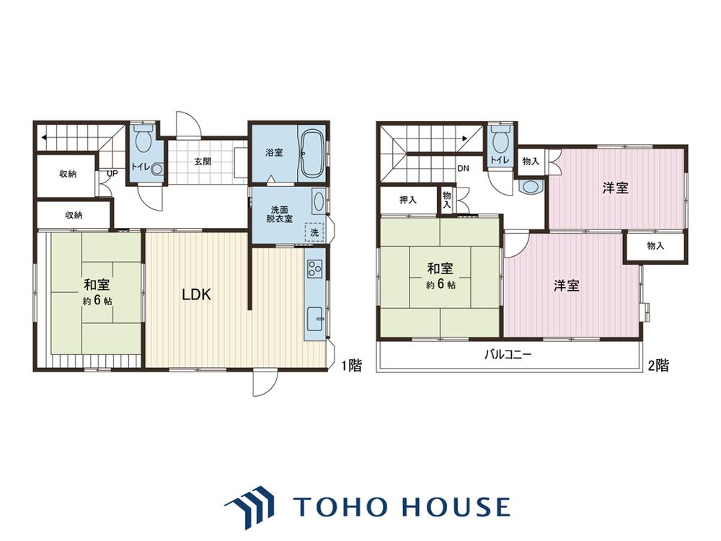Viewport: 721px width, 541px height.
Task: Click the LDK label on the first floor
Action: pyautogui.click(x=196, y=295)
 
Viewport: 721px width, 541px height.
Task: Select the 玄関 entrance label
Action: pyautogui.click(x=203, y=162)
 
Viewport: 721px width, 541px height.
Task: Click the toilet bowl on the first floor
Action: pyautogui.click(x=144, y=140)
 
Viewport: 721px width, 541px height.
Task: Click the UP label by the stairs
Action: pyautogui.click(x=112, y=174)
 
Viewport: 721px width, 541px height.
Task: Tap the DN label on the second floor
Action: pyautogui.click(x=463, y=168)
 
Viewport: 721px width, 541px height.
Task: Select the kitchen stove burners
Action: pyautogui.click(x=315, y=268)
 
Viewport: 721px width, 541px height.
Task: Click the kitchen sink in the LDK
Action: pyautogui.click(x=316, y=318)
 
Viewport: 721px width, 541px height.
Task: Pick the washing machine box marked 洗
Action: pyautogui.click(x=314, y=232)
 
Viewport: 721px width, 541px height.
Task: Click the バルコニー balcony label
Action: pyautogui.click(x=508, y=355)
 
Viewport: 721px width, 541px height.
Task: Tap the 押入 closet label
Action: pyautogui.click(x=408, y=200)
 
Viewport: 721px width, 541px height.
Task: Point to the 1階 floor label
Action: pyautogui.click(x=351, y=366)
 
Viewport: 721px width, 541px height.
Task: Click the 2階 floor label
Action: pyautogui.click(x=658, y=366)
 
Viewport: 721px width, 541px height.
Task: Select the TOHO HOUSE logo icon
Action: pyautogui.click(x=249, y=507)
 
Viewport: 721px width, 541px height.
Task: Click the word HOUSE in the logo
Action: pyautogui.click(x=456, y=506)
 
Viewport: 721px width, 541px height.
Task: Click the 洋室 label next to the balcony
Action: pyautogui.click(x=566, y=286)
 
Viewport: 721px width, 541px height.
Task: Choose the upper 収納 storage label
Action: pyautogui.click(x=68, y=174)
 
